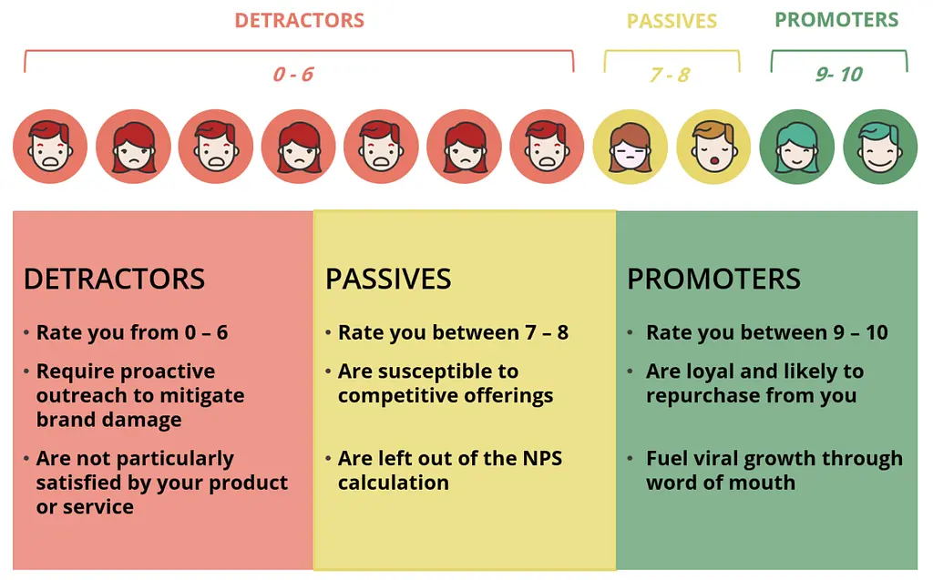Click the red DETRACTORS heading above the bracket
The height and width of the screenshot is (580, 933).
click(x=299, y=20)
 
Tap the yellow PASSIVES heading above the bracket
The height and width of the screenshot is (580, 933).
click(x=672, y=22)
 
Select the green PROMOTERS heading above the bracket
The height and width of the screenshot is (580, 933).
click(x=836, y=20)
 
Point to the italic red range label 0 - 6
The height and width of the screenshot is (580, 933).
click(x=292, y=75)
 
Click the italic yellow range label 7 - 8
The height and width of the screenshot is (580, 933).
click(x=670, y=75)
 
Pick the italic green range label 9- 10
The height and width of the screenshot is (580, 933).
click(x=839, y=75)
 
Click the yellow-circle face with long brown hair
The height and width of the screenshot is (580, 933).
click(x=631, y=147)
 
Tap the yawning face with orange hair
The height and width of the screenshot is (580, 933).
click(x=713, y=147)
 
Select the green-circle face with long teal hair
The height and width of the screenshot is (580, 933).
click(x=796, y=147)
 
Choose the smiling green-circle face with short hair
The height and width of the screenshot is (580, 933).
click(x=880, y=147)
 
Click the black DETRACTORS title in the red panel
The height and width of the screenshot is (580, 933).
click(x=114, y=279)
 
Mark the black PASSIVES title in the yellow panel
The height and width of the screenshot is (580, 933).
click(x=388, y=279)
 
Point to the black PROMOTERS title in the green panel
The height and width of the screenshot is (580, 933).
click(x=714, y=279)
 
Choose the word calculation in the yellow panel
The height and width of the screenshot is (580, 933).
click(x=394, y=483)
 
